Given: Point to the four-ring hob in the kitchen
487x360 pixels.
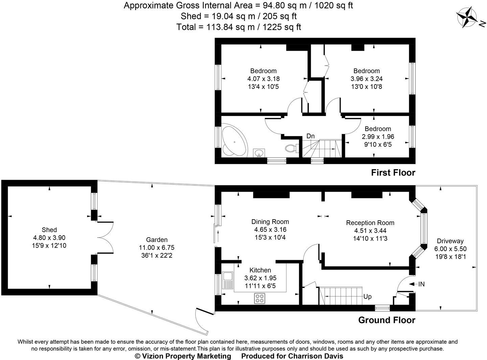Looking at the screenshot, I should (260, 298).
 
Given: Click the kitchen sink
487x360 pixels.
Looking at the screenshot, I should (227, 280).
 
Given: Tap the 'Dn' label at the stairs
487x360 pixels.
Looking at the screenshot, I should (310, 136).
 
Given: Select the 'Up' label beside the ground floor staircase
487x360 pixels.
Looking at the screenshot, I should (367, 297).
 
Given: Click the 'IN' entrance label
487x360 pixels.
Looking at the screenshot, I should (421, 284).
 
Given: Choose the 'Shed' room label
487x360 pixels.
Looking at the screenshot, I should (49, 230).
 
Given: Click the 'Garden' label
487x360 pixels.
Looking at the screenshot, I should (157, 240).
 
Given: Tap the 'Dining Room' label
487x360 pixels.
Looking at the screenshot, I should (270, 222).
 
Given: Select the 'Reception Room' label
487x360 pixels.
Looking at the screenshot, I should (370, 223).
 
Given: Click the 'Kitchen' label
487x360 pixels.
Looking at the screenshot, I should (260, 270).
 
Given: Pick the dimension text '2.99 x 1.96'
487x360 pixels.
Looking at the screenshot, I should (378, 137).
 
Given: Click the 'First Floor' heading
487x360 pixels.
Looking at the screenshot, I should (393, 173).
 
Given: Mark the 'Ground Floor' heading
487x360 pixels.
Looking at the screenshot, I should (387, 320).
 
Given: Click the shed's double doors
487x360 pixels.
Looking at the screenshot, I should (105, 237).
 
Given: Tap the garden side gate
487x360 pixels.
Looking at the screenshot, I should (202, 321).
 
